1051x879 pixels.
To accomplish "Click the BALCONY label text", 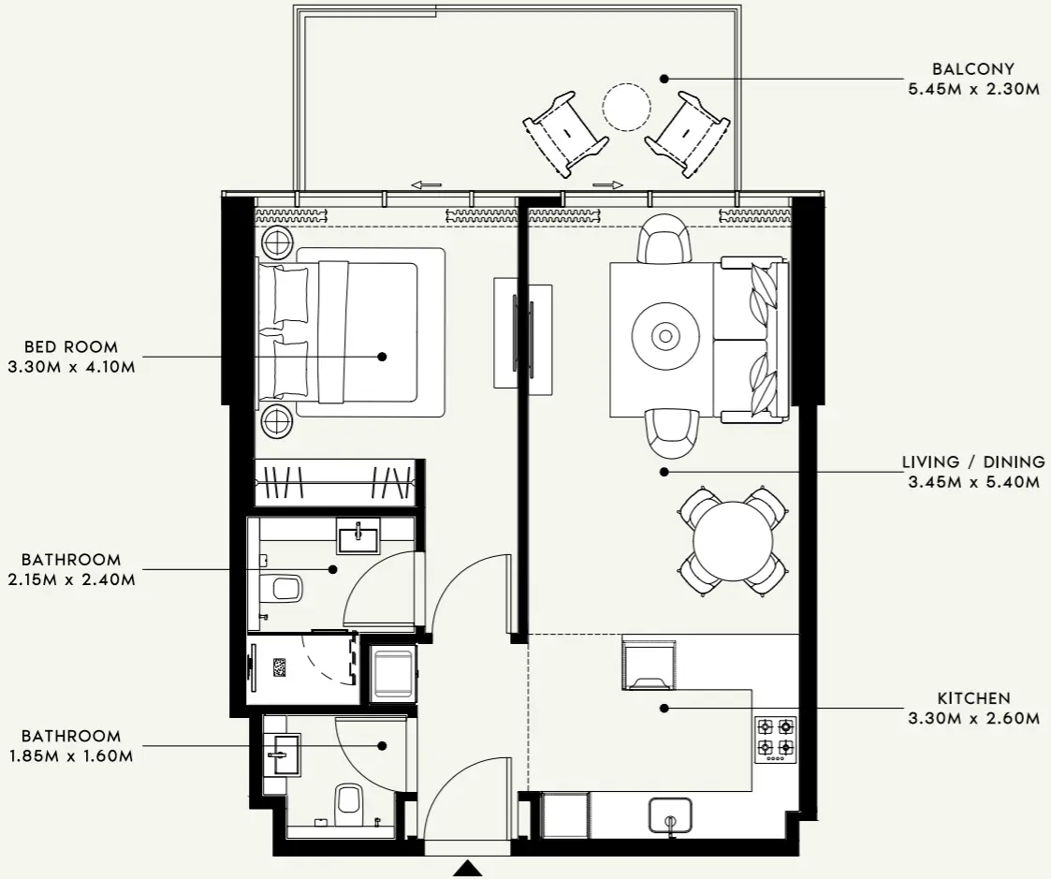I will click(973, 69).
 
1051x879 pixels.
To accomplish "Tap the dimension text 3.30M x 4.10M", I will click(71, 367).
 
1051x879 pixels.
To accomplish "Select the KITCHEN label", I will click(973, 698).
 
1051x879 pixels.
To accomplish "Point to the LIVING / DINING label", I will click(973, 462).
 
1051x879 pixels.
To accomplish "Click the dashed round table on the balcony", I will click(626, 107).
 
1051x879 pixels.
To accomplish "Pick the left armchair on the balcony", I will click(565, 133).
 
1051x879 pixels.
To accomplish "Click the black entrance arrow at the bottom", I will click(467, 870).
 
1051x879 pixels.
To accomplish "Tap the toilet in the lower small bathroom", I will click(348, 800).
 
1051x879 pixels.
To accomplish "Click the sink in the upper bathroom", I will click(358, 537).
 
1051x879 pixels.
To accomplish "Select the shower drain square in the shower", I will click(280, 667).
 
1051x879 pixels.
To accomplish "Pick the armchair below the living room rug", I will click(673, 432).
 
